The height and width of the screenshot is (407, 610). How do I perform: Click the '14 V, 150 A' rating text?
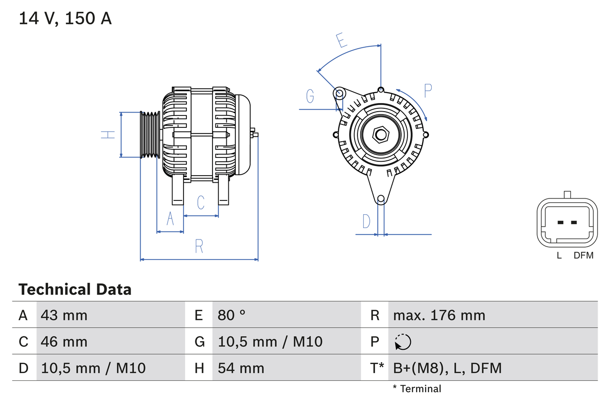65,19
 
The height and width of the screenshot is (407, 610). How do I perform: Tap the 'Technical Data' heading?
75,289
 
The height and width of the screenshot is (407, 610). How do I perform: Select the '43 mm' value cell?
64,315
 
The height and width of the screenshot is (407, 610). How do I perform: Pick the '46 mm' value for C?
64,342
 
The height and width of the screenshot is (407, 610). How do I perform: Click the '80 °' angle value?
232,315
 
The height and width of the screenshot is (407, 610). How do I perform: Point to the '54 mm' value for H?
241,368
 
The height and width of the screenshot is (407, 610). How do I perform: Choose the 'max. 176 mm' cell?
439,315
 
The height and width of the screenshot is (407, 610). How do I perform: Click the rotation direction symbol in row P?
403,342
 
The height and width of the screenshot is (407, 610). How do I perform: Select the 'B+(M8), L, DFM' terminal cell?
447,368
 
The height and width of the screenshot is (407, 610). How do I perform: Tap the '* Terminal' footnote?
417,388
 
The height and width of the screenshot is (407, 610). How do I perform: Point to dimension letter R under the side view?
199,246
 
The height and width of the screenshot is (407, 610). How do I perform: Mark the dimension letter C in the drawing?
201,202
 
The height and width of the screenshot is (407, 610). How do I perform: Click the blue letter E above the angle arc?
341,41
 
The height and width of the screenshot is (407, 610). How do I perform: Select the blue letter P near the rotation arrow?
427,91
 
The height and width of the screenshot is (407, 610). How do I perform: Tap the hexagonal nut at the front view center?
380,135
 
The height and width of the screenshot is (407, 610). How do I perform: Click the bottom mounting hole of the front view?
381,199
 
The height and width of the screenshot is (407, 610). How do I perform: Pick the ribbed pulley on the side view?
150,135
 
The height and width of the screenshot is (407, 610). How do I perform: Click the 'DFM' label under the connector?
583,255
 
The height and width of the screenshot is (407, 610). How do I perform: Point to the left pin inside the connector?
560,222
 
